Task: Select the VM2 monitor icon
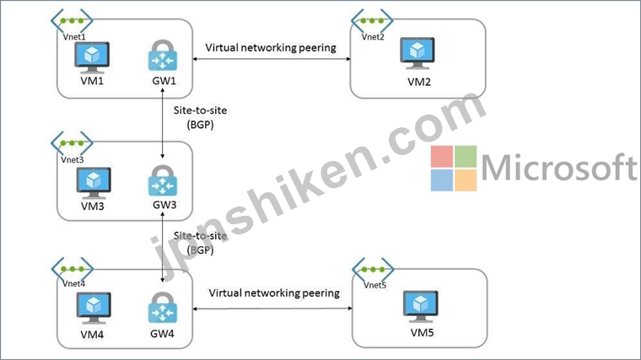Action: (x=418, y=55)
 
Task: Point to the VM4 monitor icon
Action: (x=92, y=306)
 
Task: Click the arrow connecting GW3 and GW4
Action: (x=162, y=249)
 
